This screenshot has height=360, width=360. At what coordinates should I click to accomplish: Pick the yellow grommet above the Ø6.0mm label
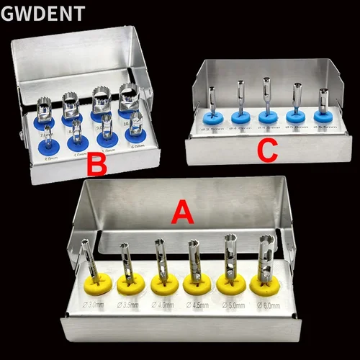(263, 284)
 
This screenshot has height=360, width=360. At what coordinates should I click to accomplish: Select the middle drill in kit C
(267, 97)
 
